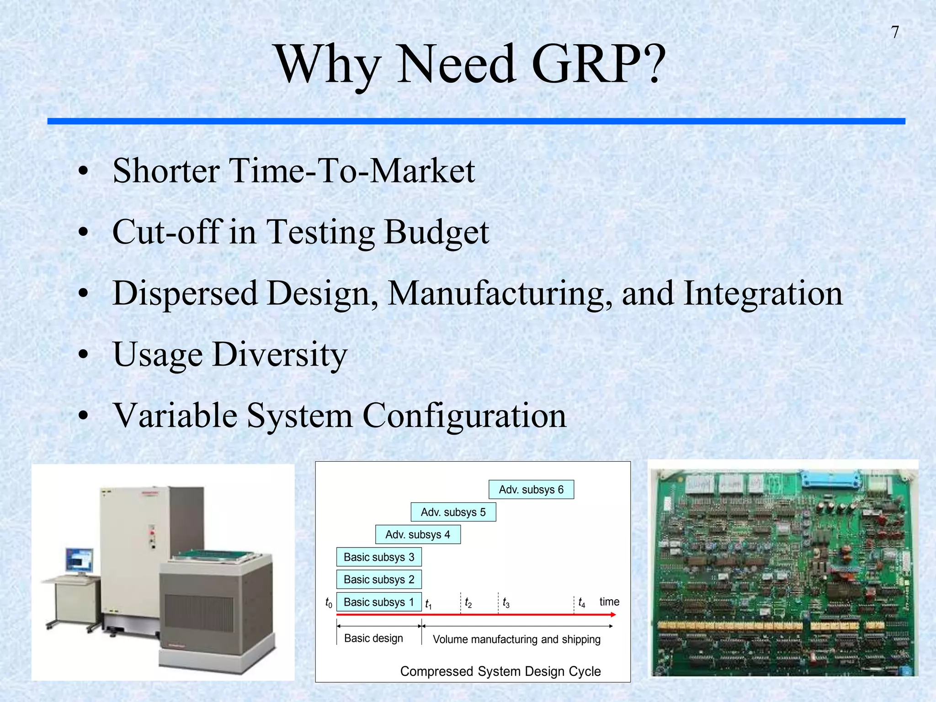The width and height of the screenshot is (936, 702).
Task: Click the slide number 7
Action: coord(895,32)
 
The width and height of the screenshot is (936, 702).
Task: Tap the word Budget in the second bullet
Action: coord(436,232)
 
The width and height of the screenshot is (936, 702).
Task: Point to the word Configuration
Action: coord(464,415)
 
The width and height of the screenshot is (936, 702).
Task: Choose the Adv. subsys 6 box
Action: coord(531,489)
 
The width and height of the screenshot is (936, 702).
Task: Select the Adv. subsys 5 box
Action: coord(453,512)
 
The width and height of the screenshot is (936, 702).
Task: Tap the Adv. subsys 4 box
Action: coord(418,534)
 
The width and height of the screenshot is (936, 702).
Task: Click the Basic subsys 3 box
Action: coord(379,557)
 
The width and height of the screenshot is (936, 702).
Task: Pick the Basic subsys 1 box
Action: coord(379,602)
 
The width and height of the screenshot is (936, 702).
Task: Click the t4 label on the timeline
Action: coord(581,602)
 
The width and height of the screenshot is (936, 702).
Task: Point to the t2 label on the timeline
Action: coord(468,603)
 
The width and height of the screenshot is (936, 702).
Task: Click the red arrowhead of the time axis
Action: coord(613,615)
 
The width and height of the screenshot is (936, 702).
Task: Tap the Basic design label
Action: coord(373,638)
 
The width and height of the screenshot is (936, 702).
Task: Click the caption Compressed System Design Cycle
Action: coord(500,671)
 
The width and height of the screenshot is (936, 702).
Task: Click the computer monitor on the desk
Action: coord(80,560)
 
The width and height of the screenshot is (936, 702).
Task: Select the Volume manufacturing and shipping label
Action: coord(516,639)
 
